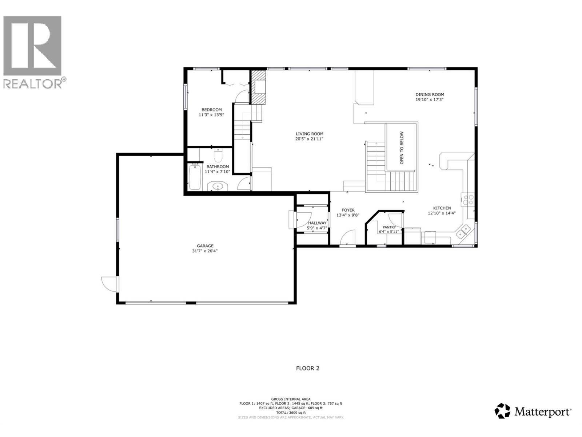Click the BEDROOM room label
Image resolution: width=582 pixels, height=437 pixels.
click(211, 110)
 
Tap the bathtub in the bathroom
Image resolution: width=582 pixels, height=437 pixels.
click(195, 177)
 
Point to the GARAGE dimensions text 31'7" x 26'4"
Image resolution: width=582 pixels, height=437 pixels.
click(205, 251)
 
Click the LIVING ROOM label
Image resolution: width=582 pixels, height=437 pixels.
click(309, 134)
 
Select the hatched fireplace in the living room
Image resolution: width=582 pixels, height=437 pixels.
click(259, 87)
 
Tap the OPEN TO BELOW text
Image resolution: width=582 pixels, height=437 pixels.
click(402, 148)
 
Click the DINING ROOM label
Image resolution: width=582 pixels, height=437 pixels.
click(430, 94)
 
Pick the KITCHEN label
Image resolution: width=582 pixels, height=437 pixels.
click(442, 208)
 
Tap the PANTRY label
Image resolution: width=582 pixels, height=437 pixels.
click(389, 227)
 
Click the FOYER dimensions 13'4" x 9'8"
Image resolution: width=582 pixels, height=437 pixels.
click(348, 215)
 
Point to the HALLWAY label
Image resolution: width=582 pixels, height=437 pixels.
click(317, 223)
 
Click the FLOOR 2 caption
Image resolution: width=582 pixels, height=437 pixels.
click(307, 368)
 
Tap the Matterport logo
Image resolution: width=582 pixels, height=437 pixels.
click(533, 412)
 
